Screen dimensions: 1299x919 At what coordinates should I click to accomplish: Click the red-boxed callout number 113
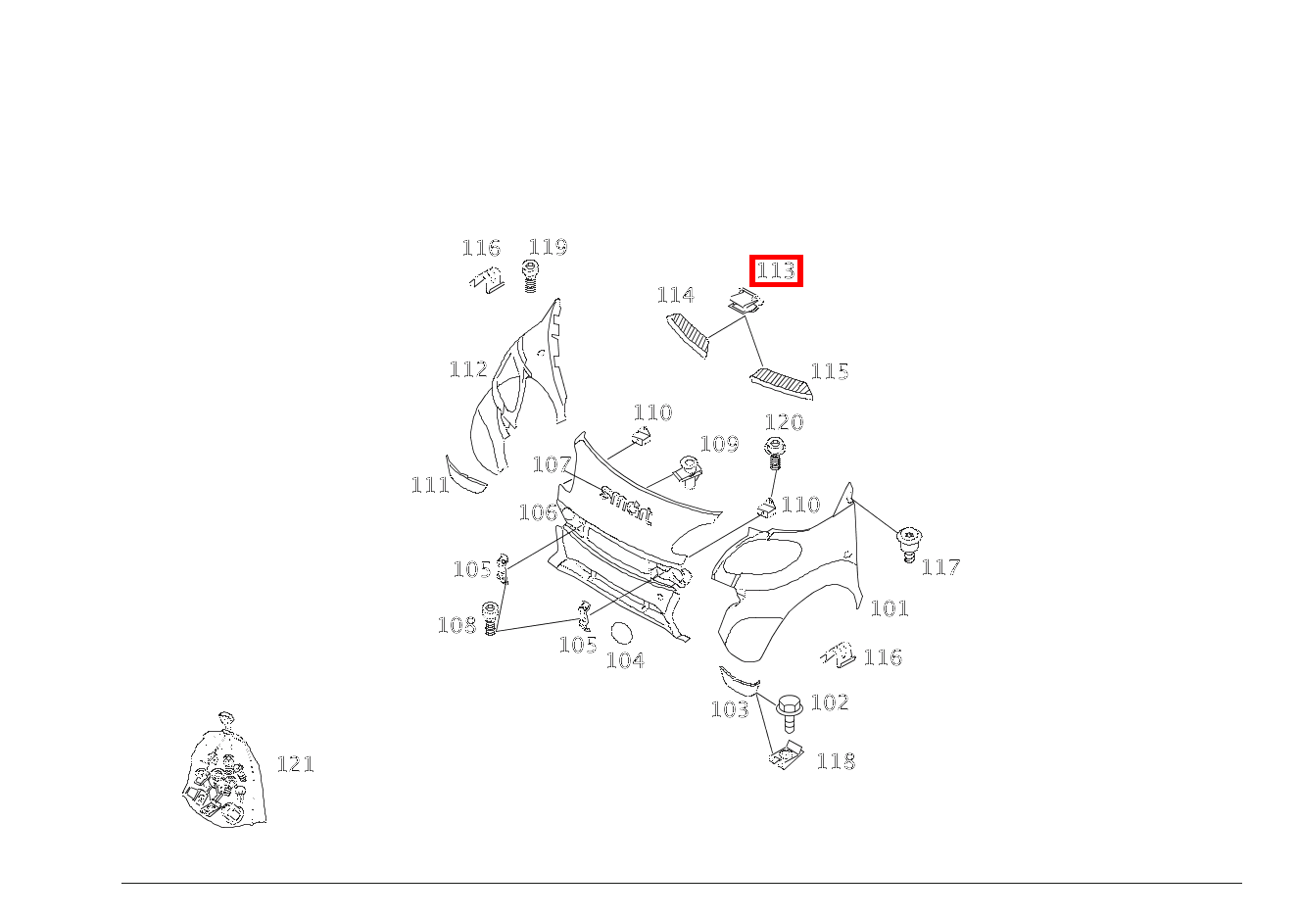pyautogui.click(x=776, y=270)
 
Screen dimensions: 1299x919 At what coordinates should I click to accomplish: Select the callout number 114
pyautogui.click(x=676, y=295)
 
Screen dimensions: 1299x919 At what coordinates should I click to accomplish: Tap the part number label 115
pyautogui.click(x=830, y=371)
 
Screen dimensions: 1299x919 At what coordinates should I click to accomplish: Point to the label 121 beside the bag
pyautogui.click(x=296, y=763)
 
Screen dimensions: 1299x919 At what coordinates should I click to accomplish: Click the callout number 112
pyautogui.click(x=468, y=368)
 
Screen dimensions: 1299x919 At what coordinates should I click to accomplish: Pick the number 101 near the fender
pyautogui.click(x=890, y=608)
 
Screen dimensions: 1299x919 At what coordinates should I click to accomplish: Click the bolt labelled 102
pyautogui.click(x=790, y=715)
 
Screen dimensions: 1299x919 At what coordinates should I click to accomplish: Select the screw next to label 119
pyautogui.click(x=530, y=276)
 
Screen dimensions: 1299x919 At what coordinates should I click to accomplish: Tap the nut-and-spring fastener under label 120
pyautogui.click(x=774, y=454)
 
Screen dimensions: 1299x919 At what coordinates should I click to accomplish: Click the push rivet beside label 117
pyautogui.click(x=909, y=545)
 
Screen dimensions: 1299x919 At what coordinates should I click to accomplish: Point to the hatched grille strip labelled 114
pyautogui.click(x=689, y=335)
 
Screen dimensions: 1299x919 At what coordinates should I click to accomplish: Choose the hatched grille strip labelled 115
pyautogui.click(x=782, y=383)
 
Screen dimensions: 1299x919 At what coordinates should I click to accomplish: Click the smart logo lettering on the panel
pyautogui.click(x=626, y=504)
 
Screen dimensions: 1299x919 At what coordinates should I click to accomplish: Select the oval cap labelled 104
pyautogui.click(x=623, y=633)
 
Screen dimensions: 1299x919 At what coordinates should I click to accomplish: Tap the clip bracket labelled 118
pyautogui.click(x=787, y=755)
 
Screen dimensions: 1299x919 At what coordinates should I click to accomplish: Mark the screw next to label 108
pyautogui.click(x=491, y=618)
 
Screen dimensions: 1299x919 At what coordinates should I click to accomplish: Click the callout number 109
pyautogui.click(x=720, y=444)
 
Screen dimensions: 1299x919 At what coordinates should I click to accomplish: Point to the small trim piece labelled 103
pyautogui.click(x=740, y=680)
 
